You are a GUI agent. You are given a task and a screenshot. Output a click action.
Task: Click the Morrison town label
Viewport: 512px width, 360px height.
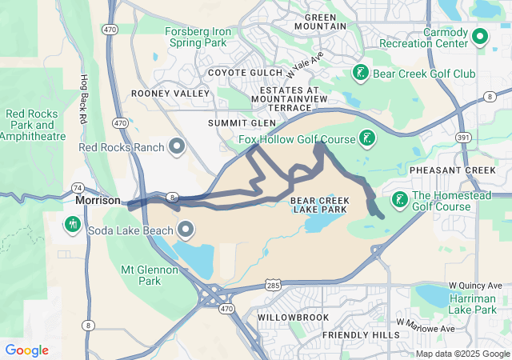[98, 200]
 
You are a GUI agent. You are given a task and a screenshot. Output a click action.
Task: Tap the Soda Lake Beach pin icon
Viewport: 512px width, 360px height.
[187, 231]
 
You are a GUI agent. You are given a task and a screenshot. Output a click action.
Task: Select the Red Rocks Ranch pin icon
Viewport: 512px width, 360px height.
[178, 146]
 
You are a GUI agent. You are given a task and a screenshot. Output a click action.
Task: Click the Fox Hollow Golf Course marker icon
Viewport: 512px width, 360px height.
[367, 138]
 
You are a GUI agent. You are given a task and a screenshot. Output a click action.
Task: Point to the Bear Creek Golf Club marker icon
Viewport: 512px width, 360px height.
[361, 74]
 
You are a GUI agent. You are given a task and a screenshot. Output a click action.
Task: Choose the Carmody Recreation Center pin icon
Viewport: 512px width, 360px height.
[480, 36]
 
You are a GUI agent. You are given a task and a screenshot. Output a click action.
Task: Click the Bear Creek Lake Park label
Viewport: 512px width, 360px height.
[318, 204]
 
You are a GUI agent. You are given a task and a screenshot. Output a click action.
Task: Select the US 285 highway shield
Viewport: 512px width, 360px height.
[274, 285]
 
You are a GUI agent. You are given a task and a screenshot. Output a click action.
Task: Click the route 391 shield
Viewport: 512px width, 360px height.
[463, 138]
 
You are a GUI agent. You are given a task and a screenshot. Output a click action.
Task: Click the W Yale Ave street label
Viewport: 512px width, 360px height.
[304, 65]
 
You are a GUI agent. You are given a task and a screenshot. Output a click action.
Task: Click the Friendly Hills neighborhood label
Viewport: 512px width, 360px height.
[360, 334]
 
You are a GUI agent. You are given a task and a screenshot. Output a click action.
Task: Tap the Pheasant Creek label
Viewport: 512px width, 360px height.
[453, 170]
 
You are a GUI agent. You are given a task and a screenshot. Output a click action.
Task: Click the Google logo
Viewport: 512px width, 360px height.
[27, 350]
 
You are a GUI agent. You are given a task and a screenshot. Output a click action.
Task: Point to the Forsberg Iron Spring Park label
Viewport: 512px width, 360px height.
[198, 37]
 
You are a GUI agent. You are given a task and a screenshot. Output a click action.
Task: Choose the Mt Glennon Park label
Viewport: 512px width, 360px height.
[150, 275]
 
